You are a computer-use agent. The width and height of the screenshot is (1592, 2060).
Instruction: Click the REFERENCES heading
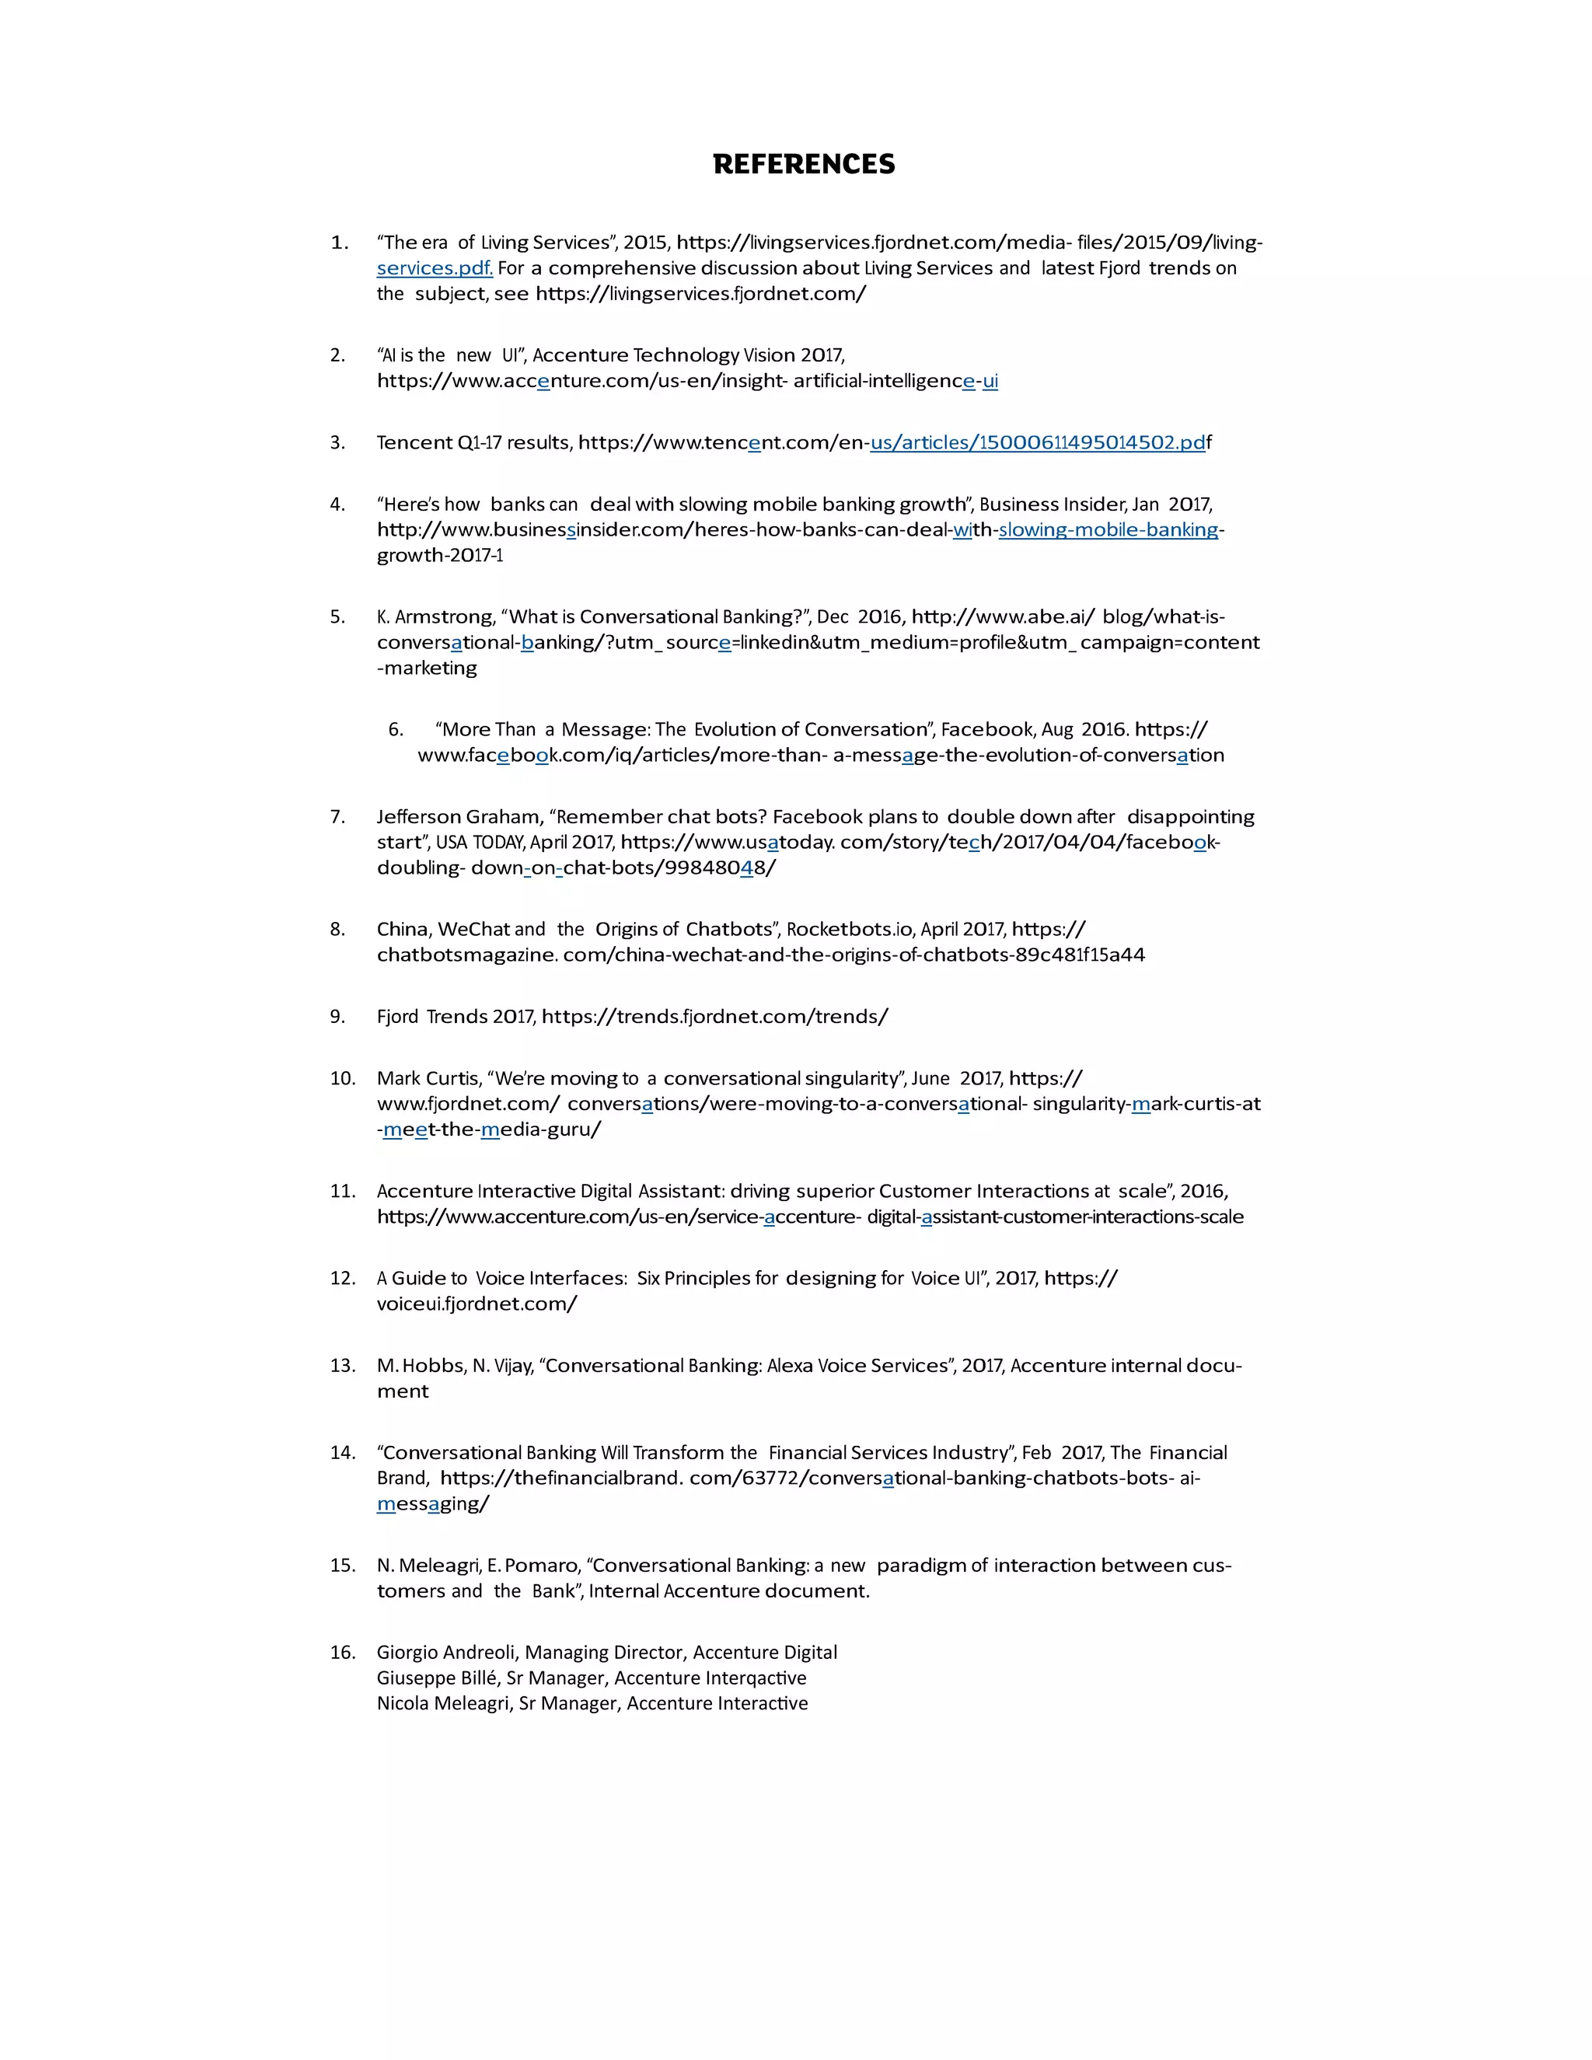click(804, 164)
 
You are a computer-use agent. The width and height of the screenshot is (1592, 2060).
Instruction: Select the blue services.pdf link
click(434, 268)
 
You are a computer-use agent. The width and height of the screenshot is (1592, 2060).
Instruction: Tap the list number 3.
click(337, 442)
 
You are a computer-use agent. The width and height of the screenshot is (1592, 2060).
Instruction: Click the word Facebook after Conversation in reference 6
click(986, 729)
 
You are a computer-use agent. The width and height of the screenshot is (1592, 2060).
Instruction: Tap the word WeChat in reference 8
click(473, 929)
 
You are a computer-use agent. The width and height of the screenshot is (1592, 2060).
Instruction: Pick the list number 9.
click(337, 1017)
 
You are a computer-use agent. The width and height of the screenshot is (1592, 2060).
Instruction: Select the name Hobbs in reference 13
click(433, 1366)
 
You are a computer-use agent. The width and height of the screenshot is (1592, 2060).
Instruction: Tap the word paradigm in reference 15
click(920, 1566)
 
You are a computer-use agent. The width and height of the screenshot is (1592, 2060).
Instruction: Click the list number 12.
click(341, 1278)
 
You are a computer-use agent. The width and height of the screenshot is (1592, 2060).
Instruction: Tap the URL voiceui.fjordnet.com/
click(477, 1304)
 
